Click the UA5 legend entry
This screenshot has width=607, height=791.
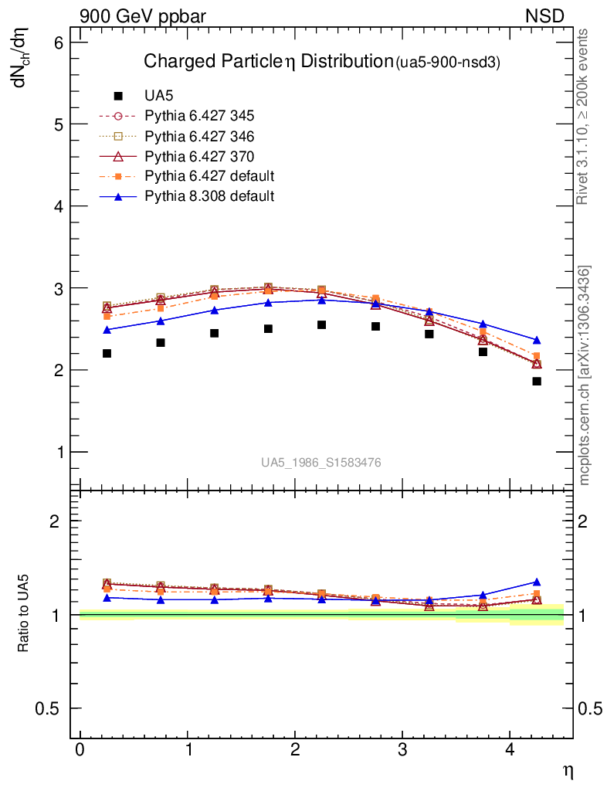(158, 96)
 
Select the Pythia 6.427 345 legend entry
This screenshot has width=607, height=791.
(199, 116)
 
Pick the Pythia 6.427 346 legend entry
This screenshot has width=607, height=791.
(199, 136)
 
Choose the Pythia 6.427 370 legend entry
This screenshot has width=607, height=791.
(199, 156)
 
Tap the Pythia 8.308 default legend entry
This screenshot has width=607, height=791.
(209, 196)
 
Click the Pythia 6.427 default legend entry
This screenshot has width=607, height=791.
(209, 176)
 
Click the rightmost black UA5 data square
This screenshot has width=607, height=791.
(537, 381)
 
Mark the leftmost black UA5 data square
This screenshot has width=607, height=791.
(107, 353)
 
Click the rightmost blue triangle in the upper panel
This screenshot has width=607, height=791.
(537, 340)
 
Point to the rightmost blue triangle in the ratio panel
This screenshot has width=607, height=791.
(537, 582)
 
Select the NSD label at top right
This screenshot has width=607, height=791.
(544, 16)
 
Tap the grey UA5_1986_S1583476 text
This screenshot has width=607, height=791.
(320, 463)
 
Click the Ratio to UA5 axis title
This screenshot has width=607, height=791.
(24, 614)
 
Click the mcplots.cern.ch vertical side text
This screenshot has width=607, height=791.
(585, 375)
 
